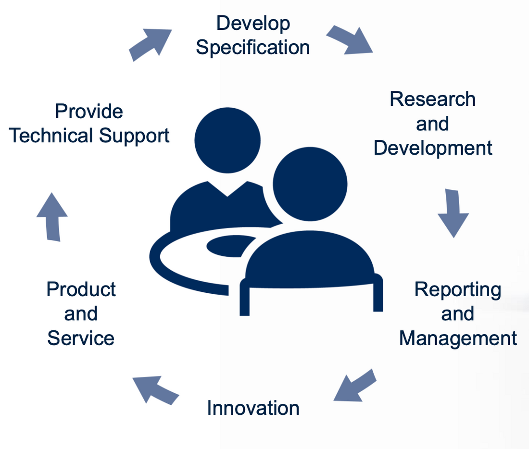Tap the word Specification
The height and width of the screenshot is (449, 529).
[253, 47]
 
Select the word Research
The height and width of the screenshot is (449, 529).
[432, 99]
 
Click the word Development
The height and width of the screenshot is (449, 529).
[433, 149]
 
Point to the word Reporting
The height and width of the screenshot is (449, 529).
[458, 290]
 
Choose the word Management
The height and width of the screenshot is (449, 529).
[458, 339]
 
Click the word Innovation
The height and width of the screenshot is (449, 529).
[253, 408]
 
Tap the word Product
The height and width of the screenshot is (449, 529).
[81, 289]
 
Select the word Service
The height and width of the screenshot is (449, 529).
[81, 338]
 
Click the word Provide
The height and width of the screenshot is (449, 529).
[89, 112]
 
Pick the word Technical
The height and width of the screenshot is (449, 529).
[51, 135]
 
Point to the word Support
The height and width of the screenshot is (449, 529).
[134, 136]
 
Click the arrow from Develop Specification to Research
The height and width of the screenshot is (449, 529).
[350, 40]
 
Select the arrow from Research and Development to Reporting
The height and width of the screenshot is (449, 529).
[453, 213]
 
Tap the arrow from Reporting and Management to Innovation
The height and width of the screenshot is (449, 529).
[355, 385]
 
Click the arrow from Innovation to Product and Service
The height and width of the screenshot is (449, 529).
[155, 390]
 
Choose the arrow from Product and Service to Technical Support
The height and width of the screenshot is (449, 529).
[52, 217]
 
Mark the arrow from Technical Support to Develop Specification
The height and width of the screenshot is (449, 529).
[150, 45]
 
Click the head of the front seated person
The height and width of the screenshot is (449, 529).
[310, 184]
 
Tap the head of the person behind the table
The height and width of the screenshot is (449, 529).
[227, 140]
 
